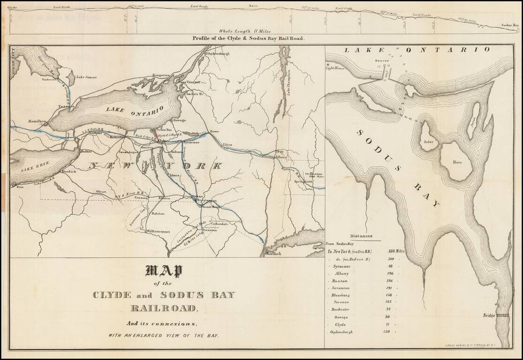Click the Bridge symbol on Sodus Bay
point(503,316)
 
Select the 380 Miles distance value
point(394,251)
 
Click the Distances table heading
point(361,236)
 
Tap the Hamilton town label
point(37,120)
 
